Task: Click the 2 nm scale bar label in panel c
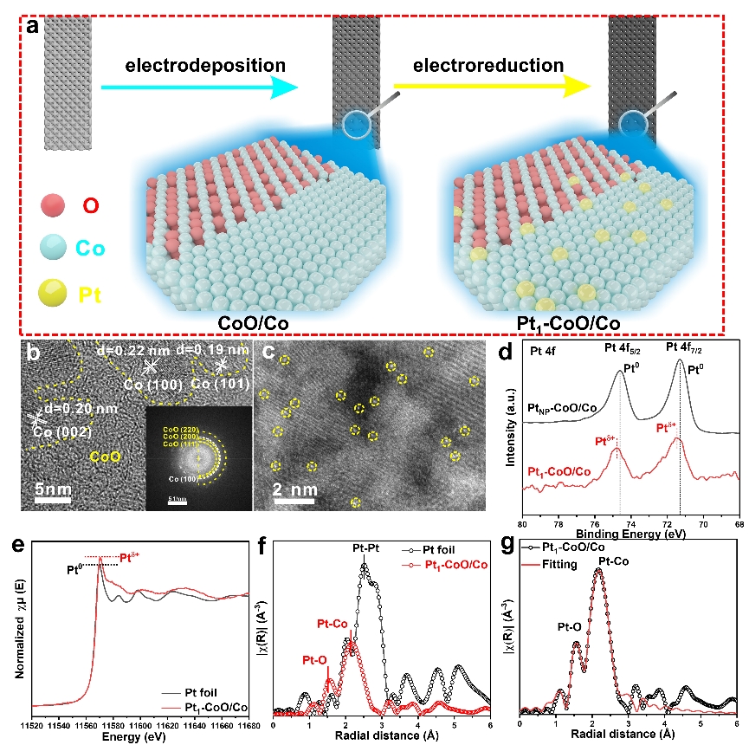click(290, 490)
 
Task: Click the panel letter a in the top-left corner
click(32, 25)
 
